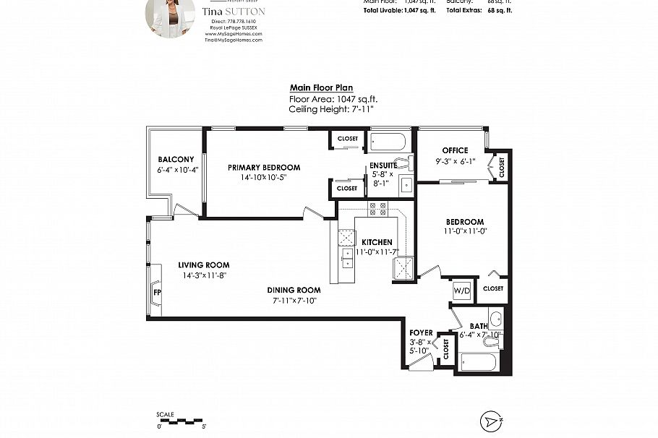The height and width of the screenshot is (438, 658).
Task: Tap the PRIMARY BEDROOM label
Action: (x=264, y=168)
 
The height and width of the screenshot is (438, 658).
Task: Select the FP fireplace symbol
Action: (x=156, y=292)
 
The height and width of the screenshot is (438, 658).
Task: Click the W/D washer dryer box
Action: (x=461, y=291)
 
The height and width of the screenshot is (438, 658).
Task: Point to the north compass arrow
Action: (x=491, y=421)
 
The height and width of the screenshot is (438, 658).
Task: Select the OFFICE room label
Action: (x=455, y=150)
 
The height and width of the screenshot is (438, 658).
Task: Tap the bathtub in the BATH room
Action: (x=477, y=360)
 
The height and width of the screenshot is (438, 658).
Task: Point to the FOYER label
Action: (x=421, y=333)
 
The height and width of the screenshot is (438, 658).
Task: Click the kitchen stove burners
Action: (x=378, y=209)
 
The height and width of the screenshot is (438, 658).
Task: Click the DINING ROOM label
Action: (x=295, y=290)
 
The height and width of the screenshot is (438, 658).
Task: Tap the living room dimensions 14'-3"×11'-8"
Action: (x=204, y=275)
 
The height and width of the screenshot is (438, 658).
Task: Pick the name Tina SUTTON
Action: (x=234, y=12)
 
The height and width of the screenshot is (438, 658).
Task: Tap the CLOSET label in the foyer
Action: (x=445, y=350)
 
